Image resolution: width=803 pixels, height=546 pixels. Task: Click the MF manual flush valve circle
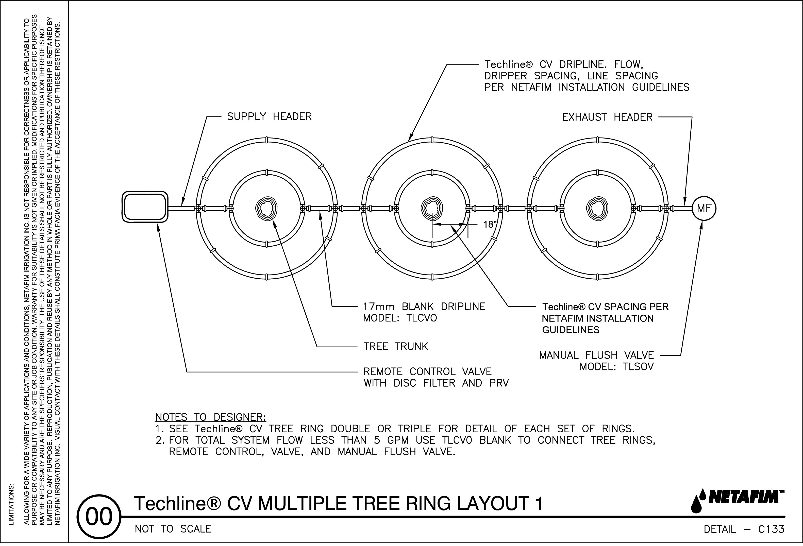coord(704,208)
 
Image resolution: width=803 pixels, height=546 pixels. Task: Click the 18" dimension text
coord(490,225)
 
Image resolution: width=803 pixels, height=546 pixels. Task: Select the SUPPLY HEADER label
coord(269,117)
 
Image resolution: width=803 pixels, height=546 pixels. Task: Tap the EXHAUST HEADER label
coord(607,117)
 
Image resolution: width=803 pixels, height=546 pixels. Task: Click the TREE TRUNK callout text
coord(396,346)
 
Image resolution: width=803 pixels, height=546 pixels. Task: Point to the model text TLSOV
coord(638,367)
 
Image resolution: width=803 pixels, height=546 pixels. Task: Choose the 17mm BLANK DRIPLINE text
coord(424,307)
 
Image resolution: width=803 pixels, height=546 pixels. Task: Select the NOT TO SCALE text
coord(173,529)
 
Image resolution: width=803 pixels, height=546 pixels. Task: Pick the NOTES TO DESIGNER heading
coord(210,417)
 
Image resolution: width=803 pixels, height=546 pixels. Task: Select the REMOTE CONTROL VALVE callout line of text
coord(427,372)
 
